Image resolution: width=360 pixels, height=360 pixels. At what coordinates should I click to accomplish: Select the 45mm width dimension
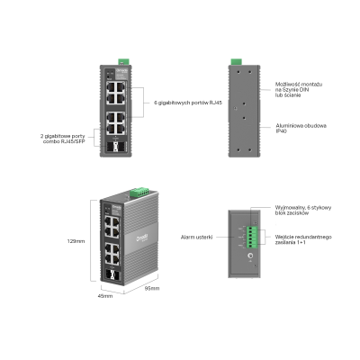(x=105, y=295)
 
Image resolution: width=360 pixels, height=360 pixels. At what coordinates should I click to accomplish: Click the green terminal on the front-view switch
(x=123, y=60)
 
